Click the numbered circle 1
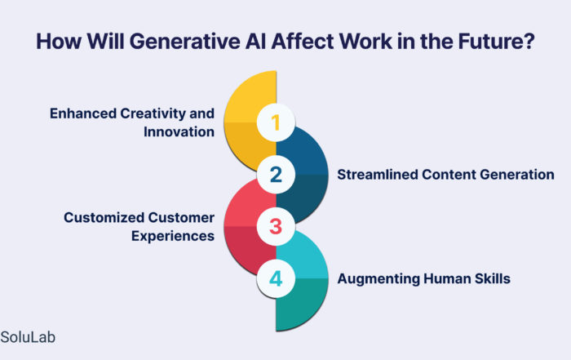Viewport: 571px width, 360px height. (x=276, y=122)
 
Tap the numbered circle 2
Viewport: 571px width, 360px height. (x=276, y=175)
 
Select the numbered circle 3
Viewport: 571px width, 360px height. (x=276, y=227)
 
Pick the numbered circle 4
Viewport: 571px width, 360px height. (x=276, y=278)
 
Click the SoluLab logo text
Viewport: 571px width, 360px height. (x=28, y=337)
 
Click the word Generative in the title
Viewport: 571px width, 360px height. (x=184, y=41)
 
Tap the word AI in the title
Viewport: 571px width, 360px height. (x=256, y=41)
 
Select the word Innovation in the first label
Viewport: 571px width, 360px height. (x=179, y=131)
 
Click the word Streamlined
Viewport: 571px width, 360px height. (x=377, y=174)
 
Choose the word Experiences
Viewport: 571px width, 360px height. (x=173, y=236)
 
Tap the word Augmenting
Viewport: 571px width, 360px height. (x=378, y=278)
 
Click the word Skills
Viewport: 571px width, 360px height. (x=493, y=278)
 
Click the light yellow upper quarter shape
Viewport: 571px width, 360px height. (x=251, y=96)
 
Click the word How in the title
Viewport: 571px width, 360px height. (x=58, y=41)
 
